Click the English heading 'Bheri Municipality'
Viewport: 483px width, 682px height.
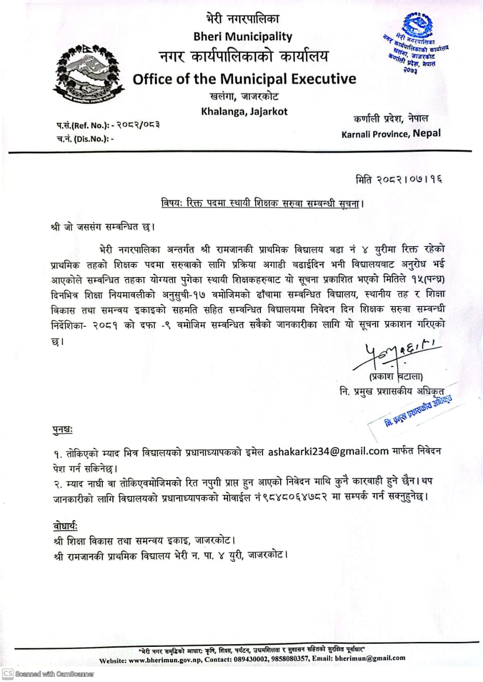click(x=244, y=37)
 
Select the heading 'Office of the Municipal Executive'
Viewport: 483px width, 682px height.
click(x=244, y=79)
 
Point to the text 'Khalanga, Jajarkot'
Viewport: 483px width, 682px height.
click(x=244, y=111)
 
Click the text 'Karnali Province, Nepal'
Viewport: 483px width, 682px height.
click(x=391, y=133)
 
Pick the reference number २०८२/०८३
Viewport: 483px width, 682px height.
click(x=138, y=125)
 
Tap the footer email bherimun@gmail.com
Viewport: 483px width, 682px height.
click(x=370, y=659)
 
